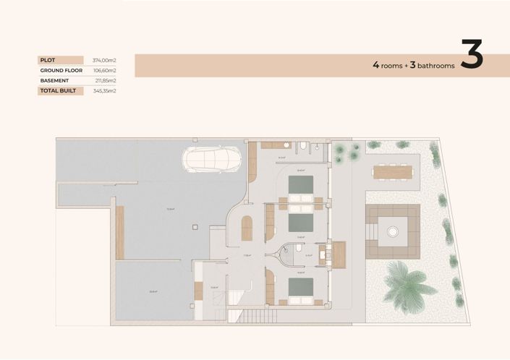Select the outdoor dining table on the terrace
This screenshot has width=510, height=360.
[x=392, y=171]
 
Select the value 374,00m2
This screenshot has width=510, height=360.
[x=105, y=60]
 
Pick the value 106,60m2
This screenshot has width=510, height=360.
[x=105, y=70]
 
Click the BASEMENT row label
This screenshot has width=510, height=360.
[x=55, y=80]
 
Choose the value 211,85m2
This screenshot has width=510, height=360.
[x=105, y=80]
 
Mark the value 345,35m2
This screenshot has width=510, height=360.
[x=105, y=91]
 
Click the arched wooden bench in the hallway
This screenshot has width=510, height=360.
[x=246, y=228]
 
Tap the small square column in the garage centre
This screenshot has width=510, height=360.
[x=193, y=226]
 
